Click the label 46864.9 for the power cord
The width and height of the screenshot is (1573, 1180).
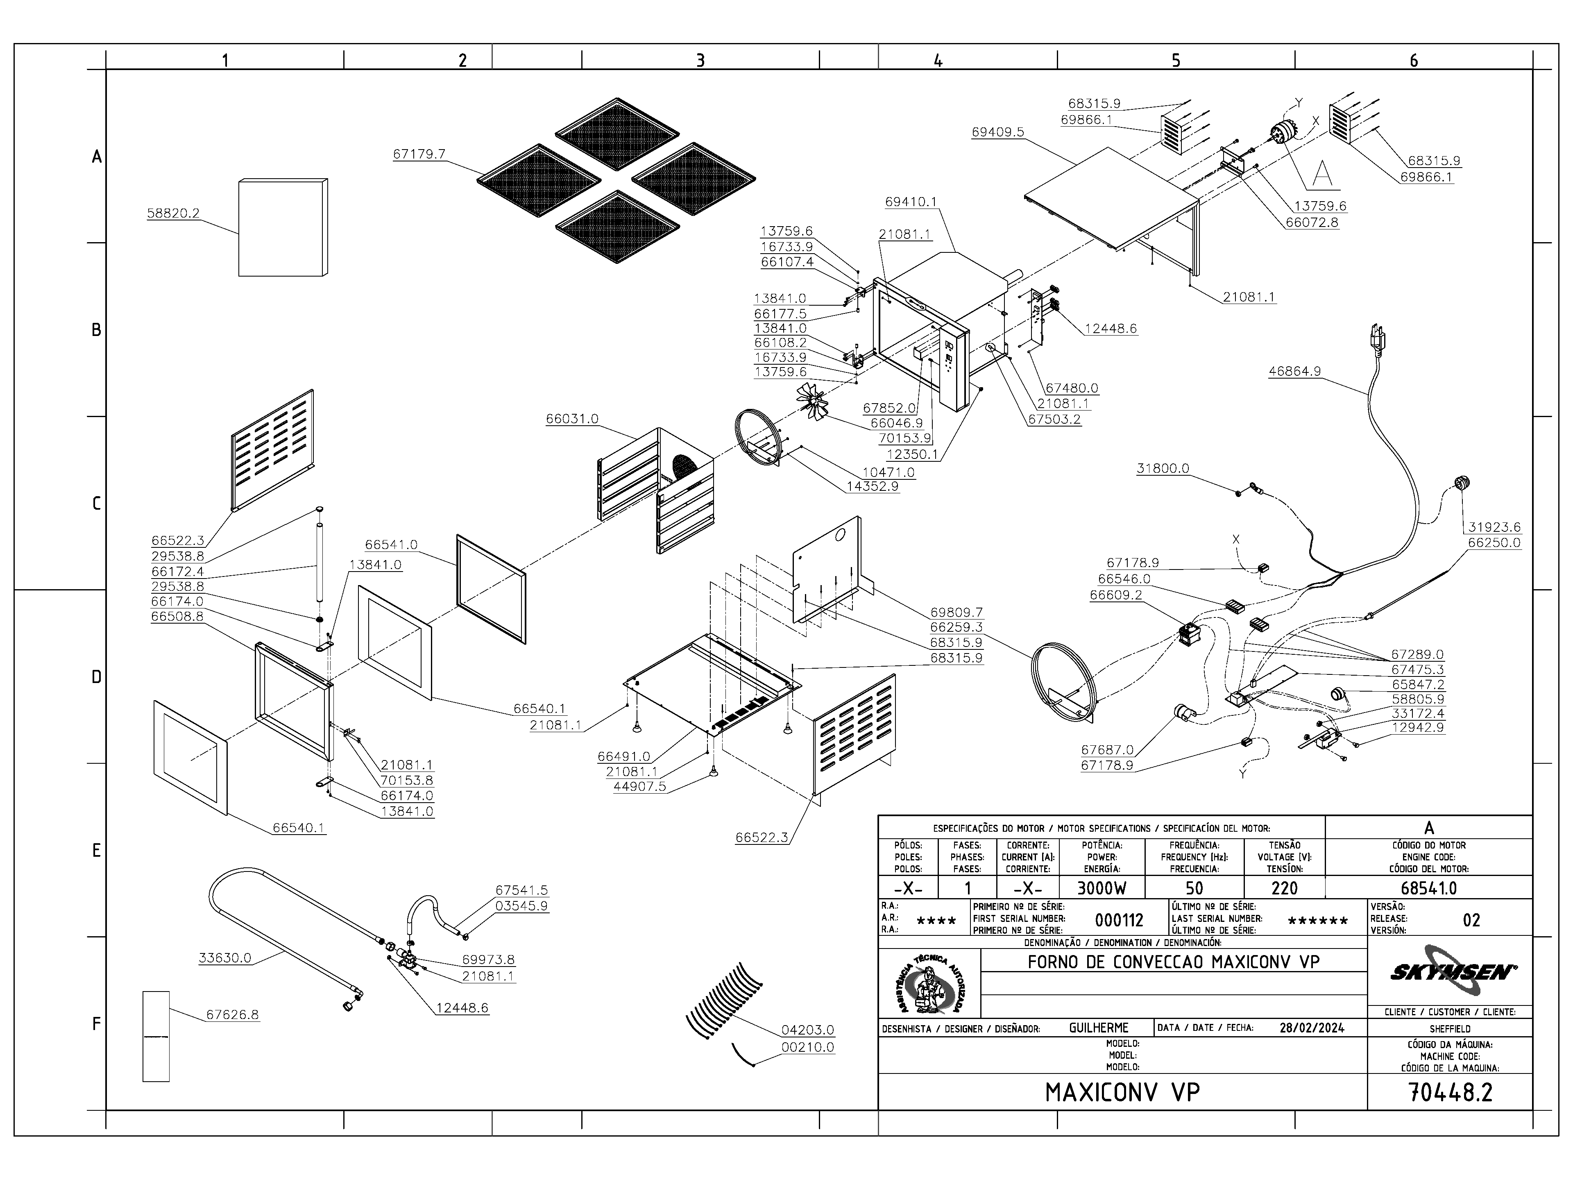[x=1295, y=371]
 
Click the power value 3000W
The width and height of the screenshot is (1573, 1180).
[x=1101, y=888]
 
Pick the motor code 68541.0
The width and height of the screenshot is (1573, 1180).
[x=1429, y=888]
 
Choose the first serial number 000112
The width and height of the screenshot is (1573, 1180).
[x=1119, y=920]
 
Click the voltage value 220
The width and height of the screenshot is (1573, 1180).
[x=1284, y=888]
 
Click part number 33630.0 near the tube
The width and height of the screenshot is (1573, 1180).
[x=225, y=958]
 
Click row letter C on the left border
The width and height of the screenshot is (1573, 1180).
[x=97, y=504]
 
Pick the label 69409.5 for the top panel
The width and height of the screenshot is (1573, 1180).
[x=998, y=132]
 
